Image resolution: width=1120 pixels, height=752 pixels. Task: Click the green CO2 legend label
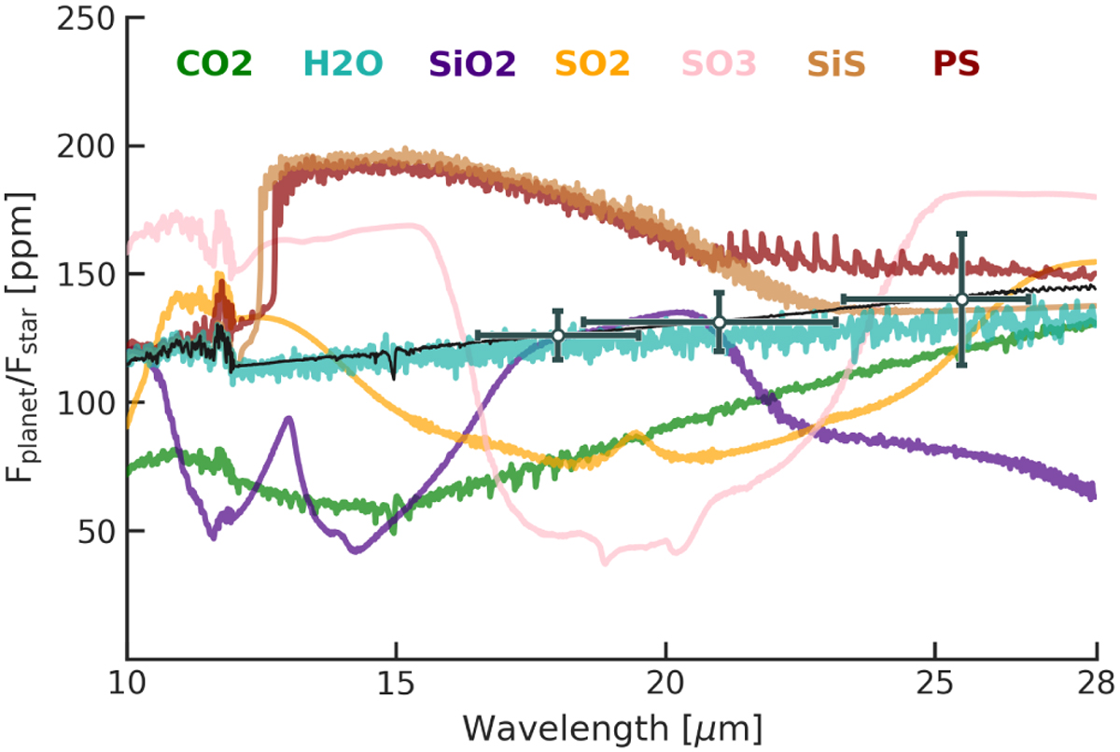[x=214, y=63]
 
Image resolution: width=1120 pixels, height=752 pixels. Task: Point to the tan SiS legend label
[x=837, y=63]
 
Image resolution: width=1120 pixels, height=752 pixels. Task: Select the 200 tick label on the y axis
[x=81, y=146]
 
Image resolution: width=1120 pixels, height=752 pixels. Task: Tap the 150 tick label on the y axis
[x=81, y=274]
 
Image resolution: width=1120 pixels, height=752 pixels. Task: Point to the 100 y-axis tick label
[x=81, y=402]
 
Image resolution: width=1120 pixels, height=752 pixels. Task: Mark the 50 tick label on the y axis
[x=91, y=531]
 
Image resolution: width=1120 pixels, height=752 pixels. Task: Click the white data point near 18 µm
[x=558, y=335]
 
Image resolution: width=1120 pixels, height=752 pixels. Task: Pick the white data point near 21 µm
[x=720, y=322]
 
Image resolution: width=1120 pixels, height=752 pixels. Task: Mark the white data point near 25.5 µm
[x=961, y=299]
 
